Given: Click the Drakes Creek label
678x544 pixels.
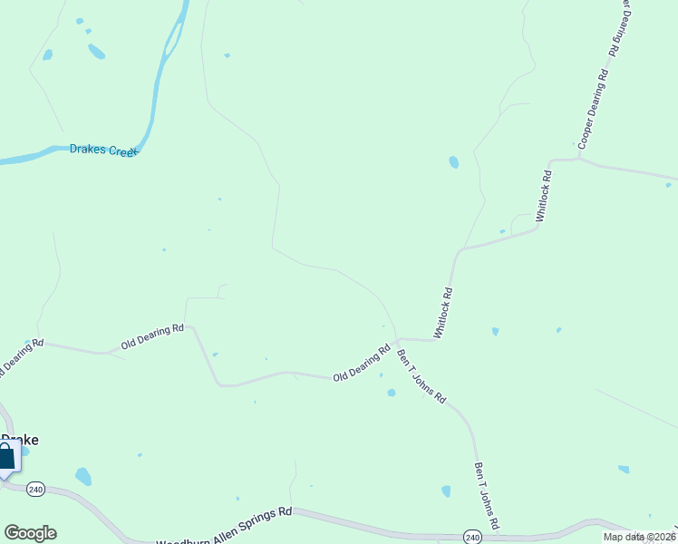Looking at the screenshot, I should point(103,151).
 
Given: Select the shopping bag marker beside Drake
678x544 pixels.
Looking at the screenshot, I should point(5,458).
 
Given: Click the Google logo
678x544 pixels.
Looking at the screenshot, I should point(30,533).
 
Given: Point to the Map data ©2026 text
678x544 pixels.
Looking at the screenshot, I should point(639,537).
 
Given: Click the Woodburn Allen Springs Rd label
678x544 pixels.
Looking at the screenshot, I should point(225,527).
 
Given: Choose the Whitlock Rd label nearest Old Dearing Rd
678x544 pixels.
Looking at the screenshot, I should point(443,313).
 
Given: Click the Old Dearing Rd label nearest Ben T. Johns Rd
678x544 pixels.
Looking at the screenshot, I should point(362,364).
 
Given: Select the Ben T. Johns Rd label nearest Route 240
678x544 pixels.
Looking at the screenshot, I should point(487,496).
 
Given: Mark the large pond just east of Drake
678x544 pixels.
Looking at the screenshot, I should point(83,476).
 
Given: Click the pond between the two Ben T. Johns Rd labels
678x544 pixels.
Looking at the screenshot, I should point(446,491).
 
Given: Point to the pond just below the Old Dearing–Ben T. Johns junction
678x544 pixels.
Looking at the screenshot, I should point(391,393).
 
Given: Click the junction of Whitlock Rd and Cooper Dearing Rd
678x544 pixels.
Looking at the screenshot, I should point(578,160).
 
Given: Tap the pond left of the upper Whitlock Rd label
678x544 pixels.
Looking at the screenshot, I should point(453,162).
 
